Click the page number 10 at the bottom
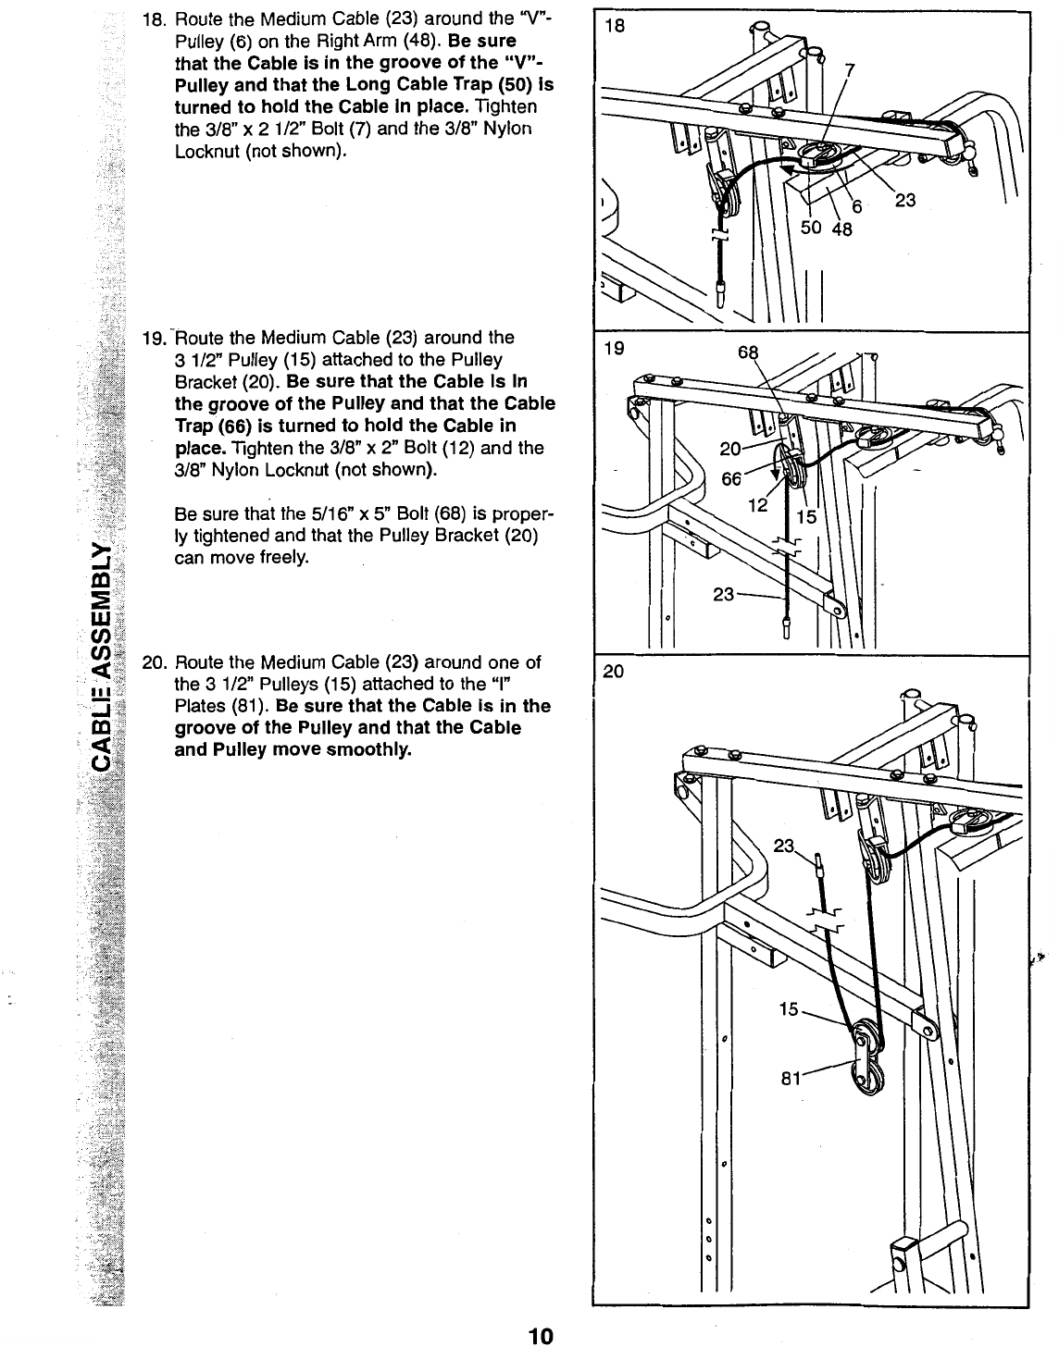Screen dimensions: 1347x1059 pos(540,1335)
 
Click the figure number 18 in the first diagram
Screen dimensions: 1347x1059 pos(614,27)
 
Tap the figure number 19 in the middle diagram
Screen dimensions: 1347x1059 pos(613,349)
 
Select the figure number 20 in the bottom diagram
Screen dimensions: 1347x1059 pos(614,673)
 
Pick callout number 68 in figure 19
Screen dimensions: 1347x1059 pos(748,352)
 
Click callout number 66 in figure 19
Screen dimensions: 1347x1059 pos(731,478)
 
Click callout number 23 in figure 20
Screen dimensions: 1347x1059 pos(783,846)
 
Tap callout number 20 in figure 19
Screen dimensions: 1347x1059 pos(730,450)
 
